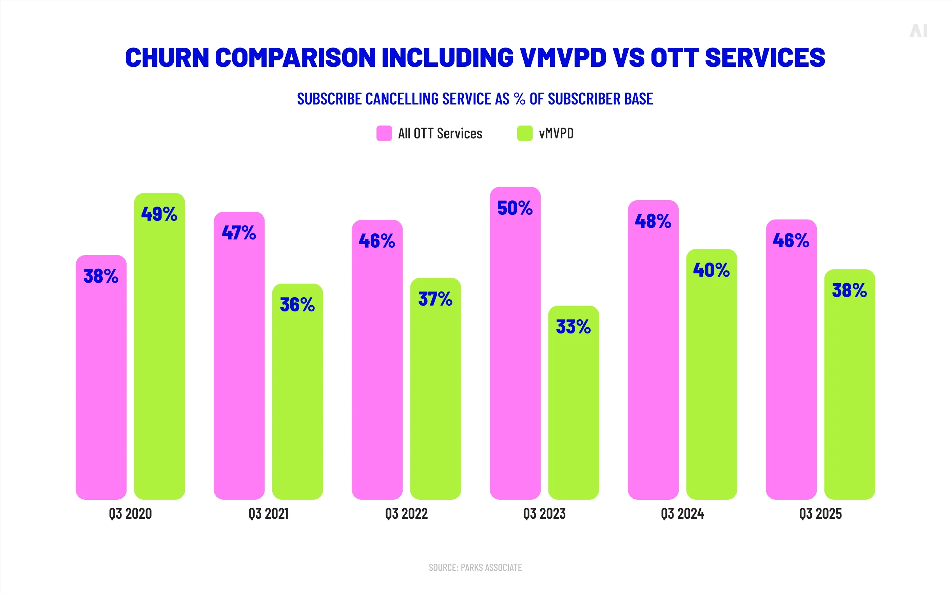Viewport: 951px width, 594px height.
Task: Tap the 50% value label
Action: point(515,208)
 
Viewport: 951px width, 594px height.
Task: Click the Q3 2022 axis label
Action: point(406,514)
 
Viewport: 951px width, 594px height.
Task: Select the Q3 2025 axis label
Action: point(820,514)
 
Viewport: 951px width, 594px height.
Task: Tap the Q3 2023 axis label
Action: point(544,514)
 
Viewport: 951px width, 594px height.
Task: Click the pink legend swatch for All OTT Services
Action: point(384,133)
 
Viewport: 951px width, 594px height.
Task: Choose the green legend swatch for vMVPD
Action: point(525,133)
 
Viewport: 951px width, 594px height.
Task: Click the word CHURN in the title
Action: point(167,57)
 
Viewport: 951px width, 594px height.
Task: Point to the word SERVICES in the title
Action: point(765,57)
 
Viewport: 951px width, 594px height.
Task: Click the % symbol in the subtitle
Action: point(520,99)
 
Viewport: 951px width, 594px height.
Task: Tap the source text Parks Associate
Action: point(491,567)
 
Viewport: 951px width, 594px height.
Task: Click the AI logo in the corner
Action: point(918,31)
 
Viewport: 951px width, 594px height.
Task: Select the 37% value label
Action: point(435,299)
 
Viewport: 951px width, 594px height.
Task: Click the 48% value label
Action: point(653,221)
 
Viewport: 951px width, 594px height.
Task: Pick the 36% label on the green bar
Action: point(297,305)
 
